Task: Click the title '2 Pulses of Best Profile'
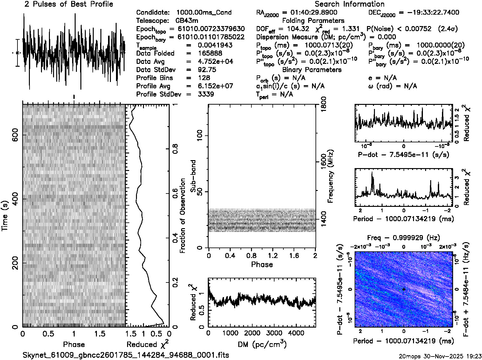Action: pyautogui.click(x=69, y=4)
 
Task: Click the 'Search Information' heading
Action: pyautogui.click(x=349, y=4)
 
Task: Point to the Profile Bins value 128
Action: pyautogui.click(x=204, y=78)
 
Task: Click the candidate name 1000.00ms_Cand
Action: pyautogui.click(x=204, y=12)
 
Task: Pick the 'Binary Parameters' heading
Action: pyautogui.click(x=312, y=70)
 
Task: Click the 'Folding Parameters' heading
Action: pyautogui.click(x=313, y=21)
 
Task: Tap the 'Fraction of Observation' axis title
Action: pyautogui.click(x=182, y=215)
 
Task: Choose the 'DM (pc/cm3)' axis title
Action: pyautogui.click(x=262, y=344)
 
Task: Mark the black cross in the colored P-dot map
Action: pyautogui.click(x=404, y=289)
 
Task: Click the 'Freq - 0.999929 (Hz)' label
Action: pyautogui.click(x=404, y=238)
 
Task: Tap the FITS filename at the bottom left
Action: pyautogui.click(x=126, y=355)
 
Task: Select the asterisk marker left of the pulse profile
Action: pyautogui.click(x=17, y=53)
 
